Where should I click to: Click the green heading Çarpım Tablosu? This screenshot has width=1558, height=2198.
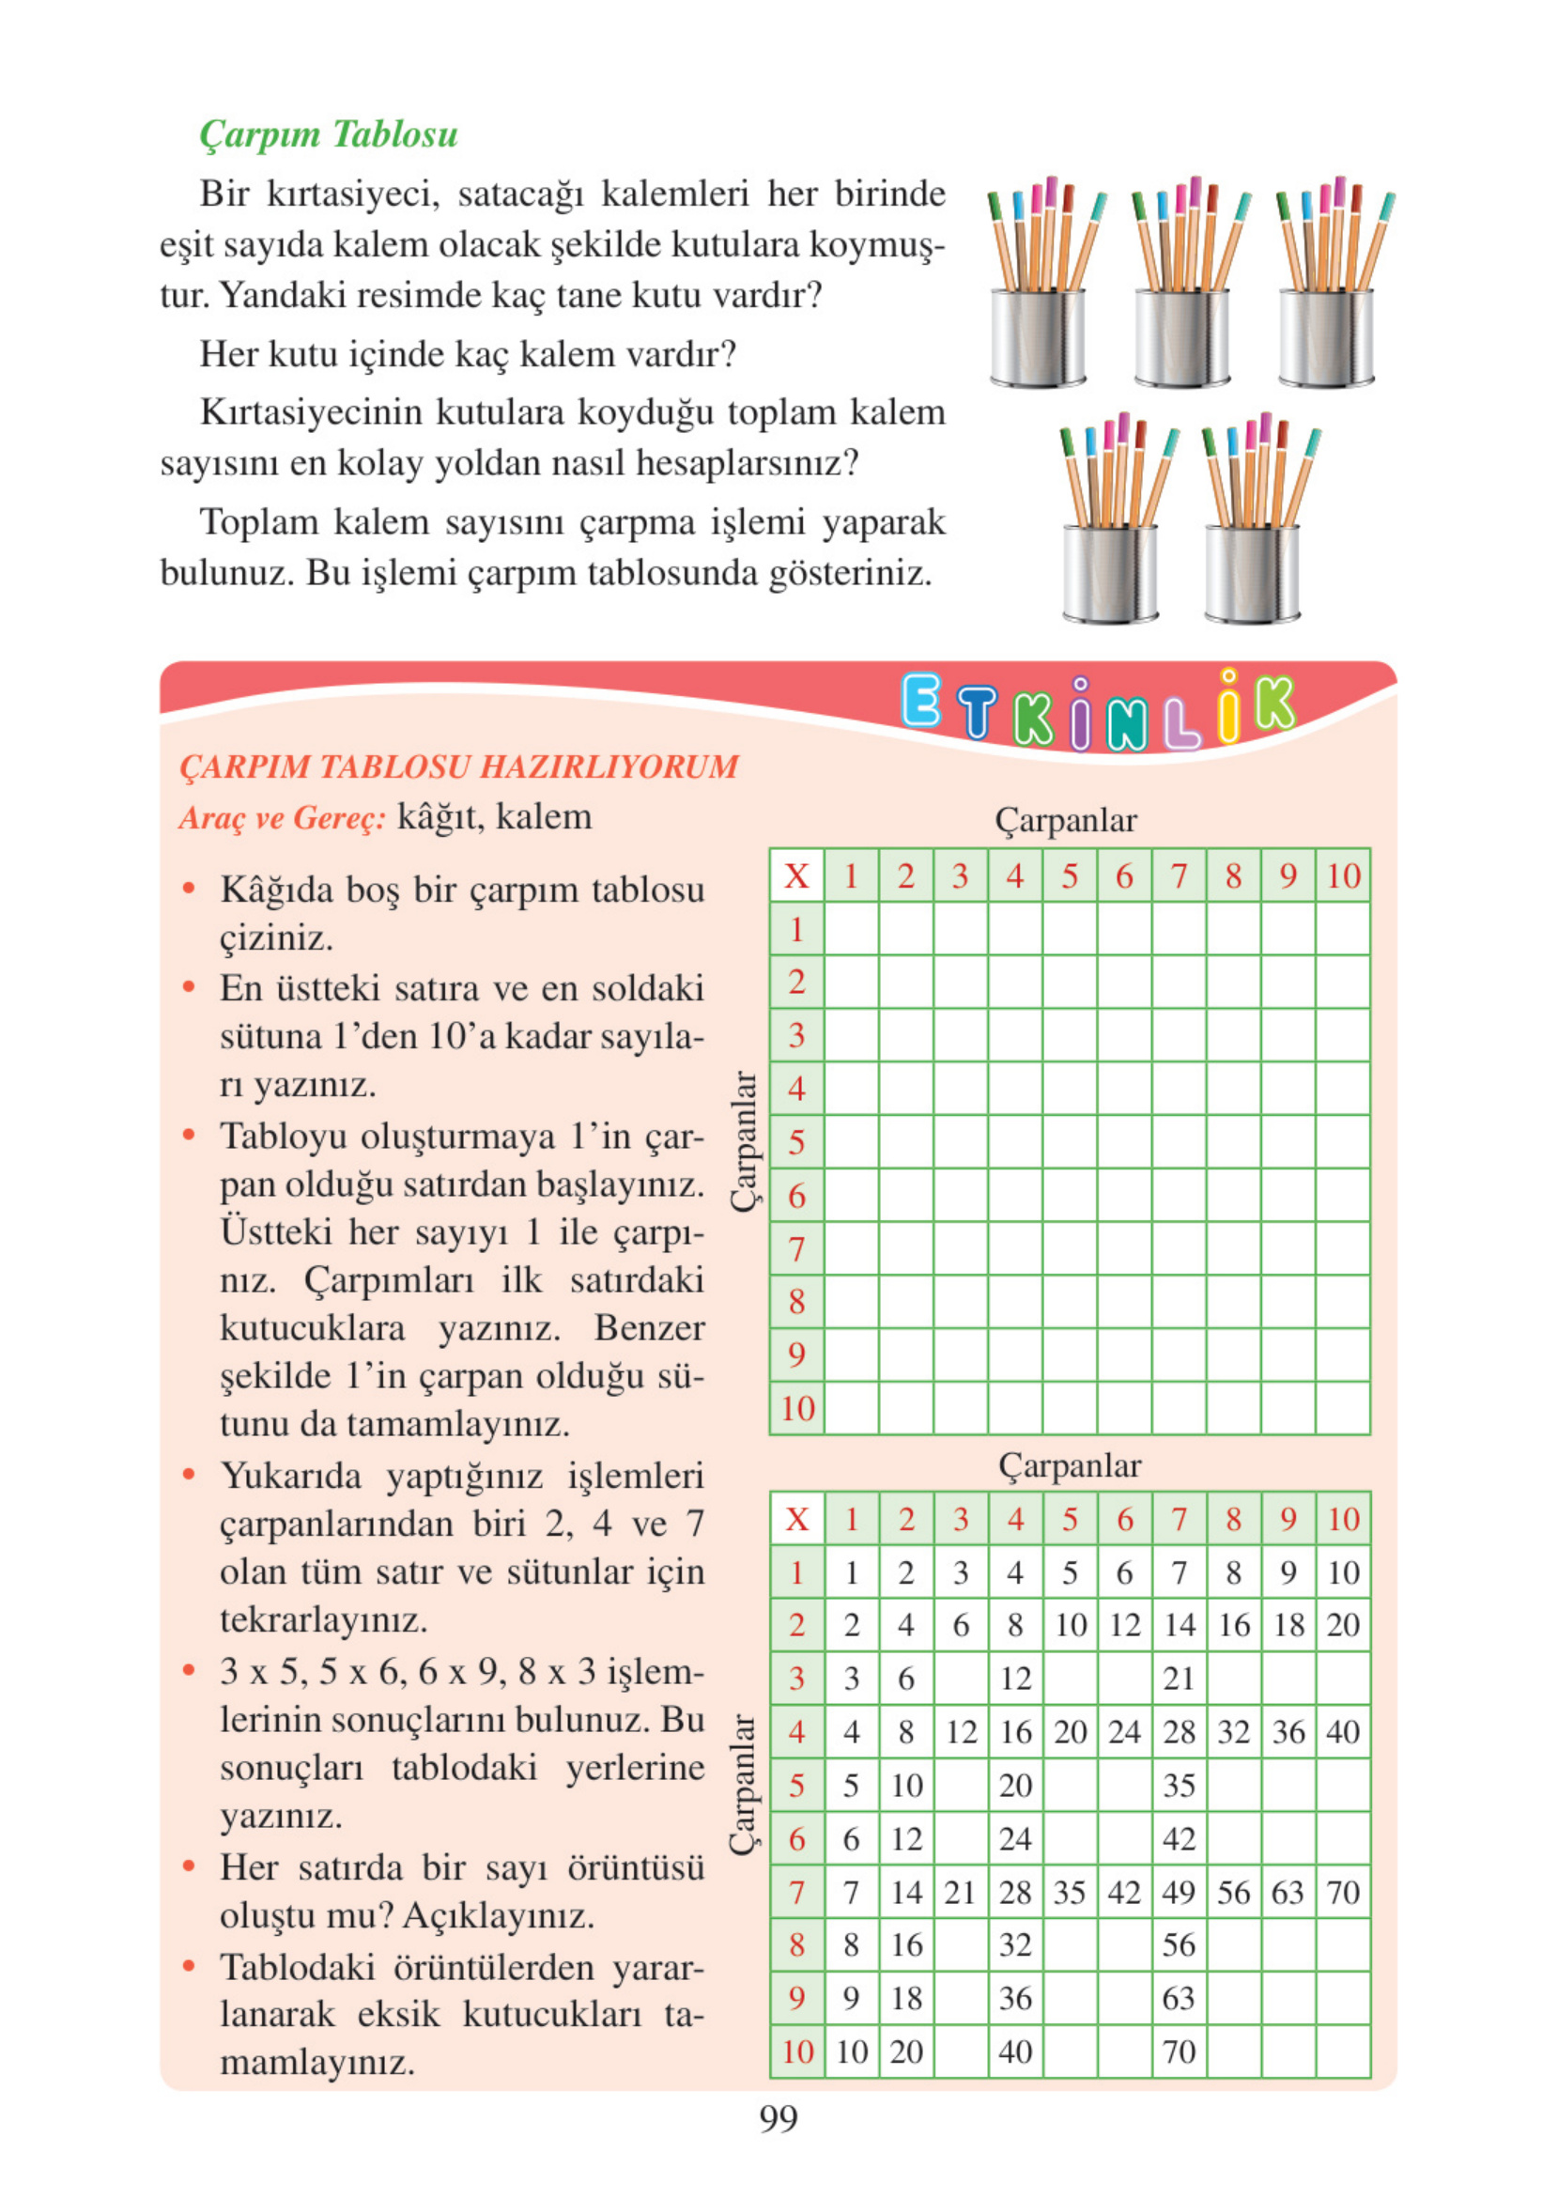point(328,134)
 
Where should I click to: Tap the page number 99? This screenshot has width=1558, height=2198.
point(778,2118)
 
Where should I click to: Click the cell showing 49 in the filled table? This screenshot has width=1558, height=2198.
point(1178,1893)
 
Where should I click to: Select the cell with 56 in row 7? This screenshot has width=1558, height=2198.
point(1233,1893)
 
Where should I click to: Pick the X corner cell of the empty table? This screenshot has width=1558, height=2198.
point(796,875)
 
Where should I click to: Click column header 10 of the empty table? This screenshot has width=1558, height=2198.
point(1342,875)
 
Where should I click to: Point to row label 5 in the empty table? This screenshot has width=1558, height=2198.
point(796,1142)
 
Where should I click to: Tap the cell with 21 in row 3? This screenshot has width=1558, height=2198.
point(1178,1679)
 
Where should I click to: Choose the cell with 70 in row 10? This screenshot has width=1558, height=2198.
point(1178,2052)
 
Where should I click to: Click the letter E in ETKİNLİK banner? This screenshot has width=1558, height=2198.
point(922,701)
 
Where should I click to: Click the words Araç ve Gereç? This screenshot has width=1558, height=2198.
point(282,817)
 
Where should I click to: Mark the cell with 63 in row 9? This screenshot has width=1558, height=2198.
point(1178,1999)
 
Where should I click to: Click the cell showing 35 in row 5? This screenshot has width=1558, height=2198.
point(1178,1786)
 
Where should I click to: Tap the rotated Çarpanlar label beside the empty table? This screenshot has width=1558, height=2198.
point(745,1141)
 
